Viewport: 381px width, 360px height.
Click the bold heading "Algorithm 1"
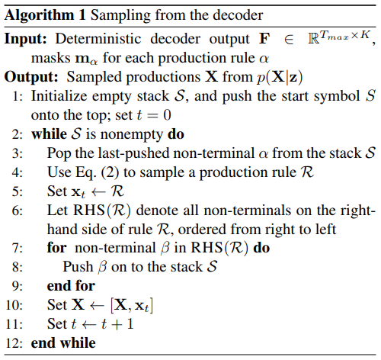[45, 16]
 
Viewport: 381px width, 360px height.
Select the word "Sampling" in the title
[121, 16]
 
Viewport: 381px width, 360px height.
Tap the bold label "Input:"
[25, 39]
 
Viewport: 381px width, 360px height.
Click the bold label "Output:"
[31, 77]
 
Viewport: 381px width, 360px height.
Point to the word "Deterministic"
[98, 39]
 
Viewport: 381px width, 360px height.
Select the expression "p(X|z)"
[280, 77]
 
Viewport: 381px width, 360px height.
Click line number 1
[18, 97]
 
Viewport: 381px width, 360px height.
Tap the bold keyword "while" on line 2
[49, 134]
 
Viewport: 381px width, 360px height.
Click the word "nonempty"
[131, 135]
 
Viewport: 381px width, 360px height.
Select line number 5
[18, 191]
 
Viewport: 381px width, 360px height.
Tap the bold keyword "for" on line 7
[56, 248]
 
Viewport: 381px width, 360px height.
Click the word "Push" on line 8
[78, 267]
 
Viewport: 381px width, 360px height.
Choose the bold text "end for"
[71, 286]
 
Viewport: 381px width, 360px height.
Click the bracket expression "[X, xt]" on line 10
[132, 305]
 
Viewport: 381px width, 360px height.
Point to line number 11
[14, 324]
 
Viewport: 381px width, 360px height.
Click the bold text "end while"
[63, 343]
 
